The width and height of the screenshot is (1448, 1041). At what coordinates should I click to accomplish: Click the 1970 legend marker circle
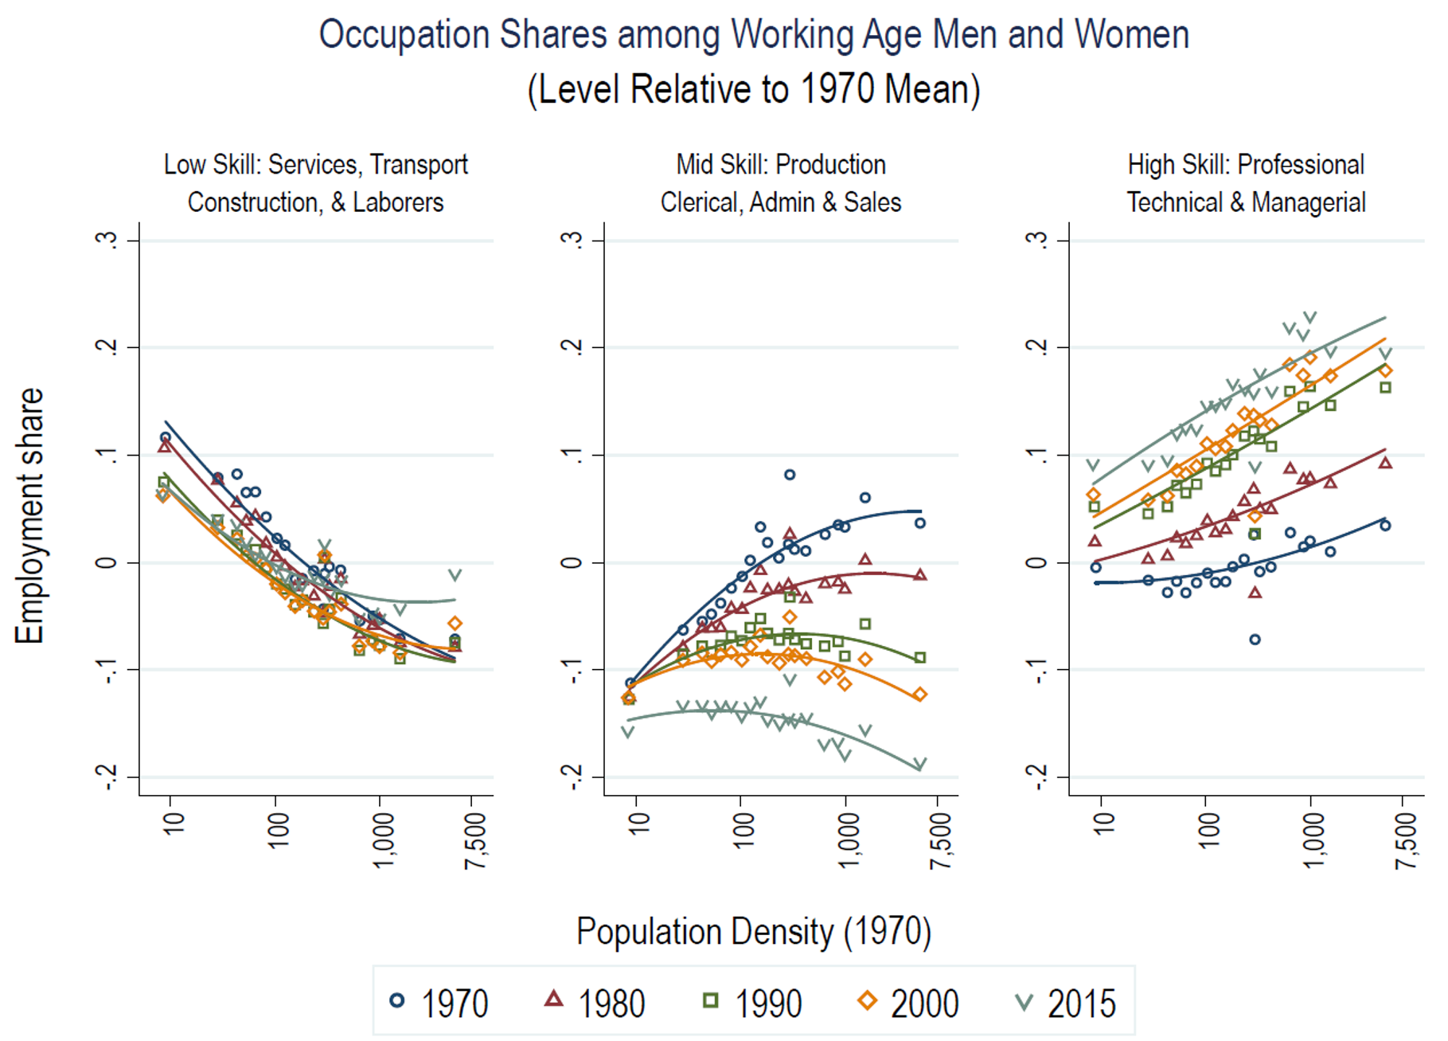click(397, 1000)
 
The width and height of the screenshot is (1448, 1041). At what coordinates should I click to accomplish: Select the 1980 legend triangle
click(553, 999)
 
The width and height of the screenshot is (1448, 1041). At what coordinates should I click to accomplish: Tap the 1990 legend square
click(711, 1000)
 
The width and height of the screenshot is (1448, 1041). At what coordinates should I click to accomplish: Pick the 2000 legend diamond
click(867, 1000)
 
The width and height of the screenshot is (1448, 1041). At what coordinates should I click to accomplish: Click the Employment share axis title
click(29, 516)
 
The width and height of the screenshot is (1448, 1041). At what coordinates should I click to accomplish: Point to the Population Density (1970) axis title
click(753, 931)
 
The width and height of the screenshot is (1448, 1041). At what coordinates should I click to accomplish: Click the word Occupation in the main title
click(404, 35)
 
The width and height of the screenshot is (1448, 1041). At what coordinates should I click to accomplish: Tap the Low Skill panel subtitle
click(316, 183)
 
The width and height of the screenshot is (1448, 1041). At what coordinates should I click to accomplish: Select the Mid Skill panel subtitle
click(781, 183)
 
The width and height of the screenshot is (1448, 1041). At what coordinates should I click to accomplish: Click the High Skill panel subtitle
click(1246, 183)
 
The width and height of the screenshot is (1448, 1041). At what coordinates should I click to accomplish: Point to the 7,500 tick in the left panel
click(475, 840)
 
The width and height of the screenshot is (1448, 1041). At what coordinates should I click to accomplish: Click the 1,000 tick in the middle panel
click(848, 840)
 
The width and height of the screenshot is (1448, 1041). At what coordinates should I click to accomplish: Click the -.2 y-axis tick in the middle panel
click(572, 777)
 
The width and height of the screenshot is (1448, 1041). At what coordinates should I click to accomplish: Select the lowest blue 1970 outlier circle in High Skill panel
click(1255, 639)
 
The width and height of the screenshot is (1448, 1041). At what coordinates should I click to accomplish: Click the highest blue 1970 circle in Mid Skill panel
click(790, 475)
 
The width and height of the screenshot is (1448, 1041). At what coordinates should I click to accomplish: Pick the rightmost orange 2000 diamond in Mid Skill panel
click(919, 695)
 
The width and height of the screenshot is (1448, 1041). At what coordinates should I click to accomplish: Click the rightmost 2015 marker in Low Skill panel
click(455, 575)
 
